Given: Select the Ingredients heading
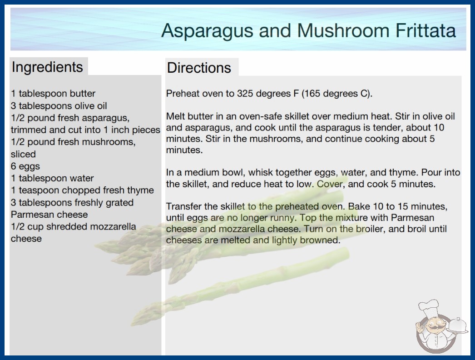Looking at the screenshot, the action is tap(47, 67).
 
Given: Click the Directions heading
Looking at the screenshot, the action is tap(199, 68).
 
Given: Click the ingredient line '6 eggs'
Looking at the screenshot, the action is tap(25, 166).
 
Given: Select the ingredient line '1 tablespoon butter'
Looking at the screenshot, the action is tap(53, 94).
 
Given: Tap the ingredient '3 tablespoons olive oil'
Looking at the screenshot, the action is tap(59, 106).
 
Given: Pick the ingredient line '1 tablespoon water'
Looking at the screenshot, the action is tap(52, 178).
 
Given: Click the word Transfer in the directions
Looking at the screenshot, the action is tap(185, 206).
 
